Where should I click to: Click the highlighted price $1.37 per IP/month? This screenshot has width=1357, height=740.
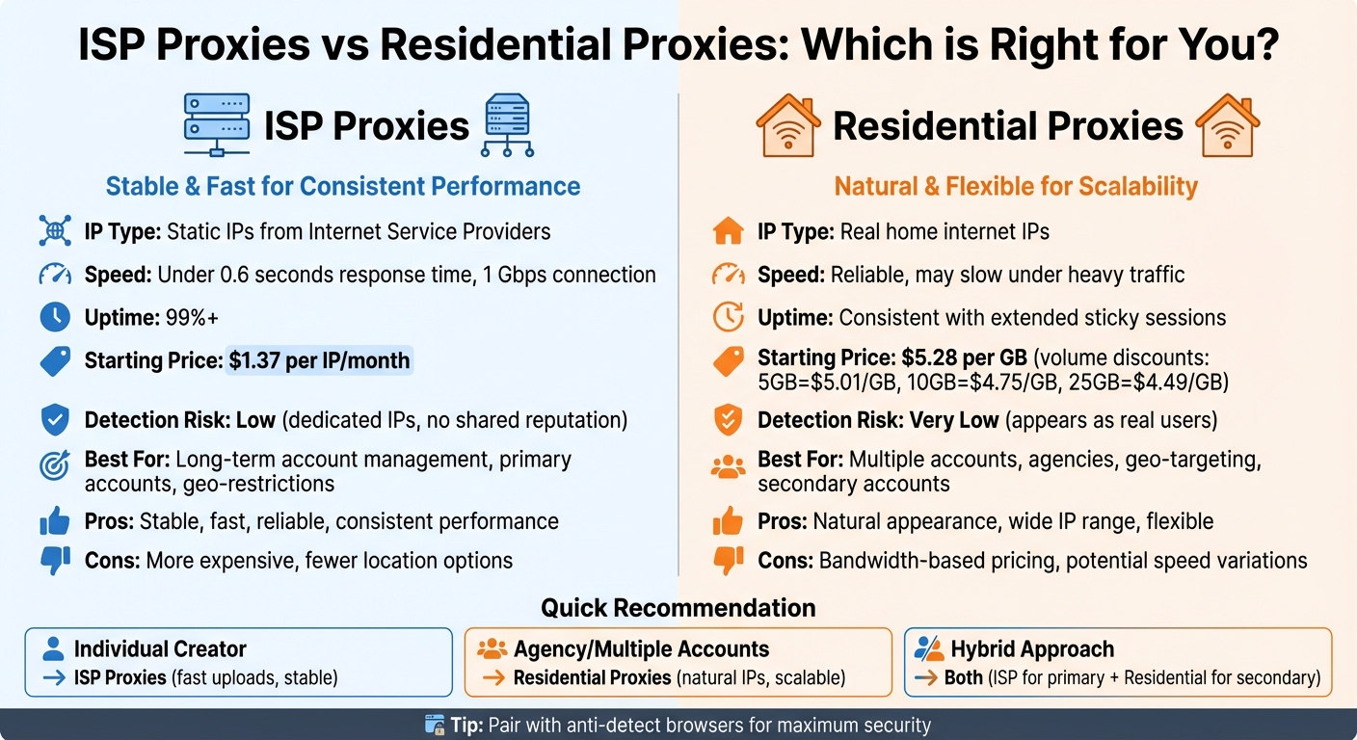[319, 361]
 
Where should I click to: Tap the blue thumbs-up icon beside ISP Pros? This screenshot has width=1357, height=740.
[55, 522]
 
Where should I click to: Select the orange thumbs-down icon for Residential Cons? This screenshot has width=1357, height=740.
[728, 560]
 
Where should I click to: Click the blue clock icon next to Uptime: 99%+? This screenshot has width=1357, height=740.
[55, 317]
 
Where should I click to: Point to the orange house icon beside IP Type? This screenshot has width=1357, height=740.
[728, 231]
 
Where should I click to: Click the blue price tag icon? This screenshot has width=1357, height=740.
[55, 361]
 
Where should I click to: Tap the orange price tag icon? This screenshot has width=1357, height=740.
[728, 360]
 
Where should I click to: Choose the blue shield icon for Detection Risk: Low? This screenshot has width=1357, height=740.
[55, 420]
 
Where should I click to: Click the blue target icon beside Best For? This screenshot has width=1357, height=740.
[55, 465]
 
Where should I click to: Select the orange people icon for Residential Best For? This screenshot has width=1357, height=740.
[728, 467]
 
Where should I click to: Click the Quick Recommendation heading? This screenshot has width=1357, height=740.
[678, 608]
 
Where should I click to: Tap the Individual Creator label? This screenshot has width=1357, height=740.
[160, 649]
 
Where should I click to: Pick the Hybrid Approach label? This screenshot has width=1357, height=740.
[1032, 649]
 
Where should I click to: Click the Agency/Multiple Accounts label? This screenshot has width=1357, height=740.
[641, 649]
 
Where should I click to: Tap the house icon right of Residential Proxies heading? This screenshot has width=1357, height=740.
[1227, 125]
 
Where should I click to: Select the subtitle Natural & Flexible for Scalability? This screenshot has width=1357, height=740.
[1016, 186]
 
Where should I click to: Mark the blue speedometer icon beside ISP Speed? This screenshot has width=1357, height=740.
[55, 276]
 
